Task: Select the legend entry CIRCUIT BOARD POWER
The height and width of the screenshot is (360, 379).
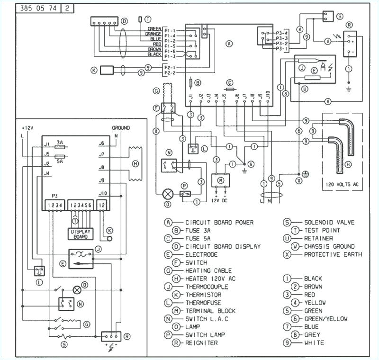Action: coord(219,222)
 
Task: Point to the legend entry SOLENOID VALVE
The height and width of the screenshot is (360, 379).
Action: coord(329,222)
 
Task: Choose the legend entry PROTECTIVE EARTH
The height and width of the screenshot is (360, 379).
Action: coord(333,254)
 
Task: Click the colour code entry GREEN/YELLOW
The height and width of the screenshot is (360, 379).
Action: coord(325,319)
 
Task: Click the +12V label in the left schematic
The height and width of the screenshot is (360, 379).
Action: coord(27,128)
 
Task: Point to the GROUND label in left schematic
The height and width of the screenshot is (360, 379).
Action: coord(120,128)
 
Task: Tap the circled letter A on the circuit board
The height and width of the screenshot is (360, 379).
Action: coord(229,44)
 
